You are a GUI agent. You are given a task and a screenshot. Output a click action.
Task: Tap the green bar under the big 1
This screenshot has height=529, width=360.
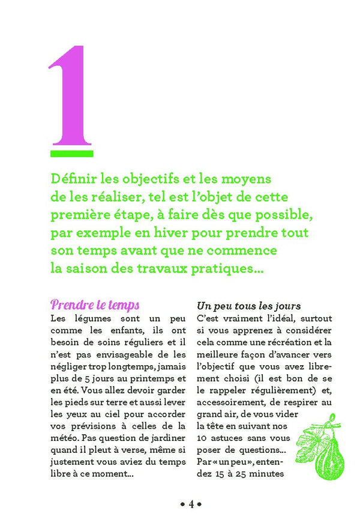click(x=71, y=154)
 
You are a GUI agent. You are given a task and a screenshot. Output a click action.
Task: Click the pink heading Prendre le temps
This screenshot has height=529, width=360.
click(x=95, y=305)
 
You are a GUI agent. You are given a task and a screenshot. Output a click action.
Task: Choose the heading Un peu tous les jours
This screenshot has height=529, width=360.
click(x=249, y=306)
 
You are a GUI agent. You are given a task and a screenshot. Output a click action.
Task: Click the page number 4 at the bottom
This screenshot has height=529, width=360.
click(x=191, y=504)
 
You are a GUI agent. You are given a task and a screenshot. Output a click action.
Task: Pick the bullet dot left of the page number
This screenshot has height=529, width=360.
click(x=182, y=504)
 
